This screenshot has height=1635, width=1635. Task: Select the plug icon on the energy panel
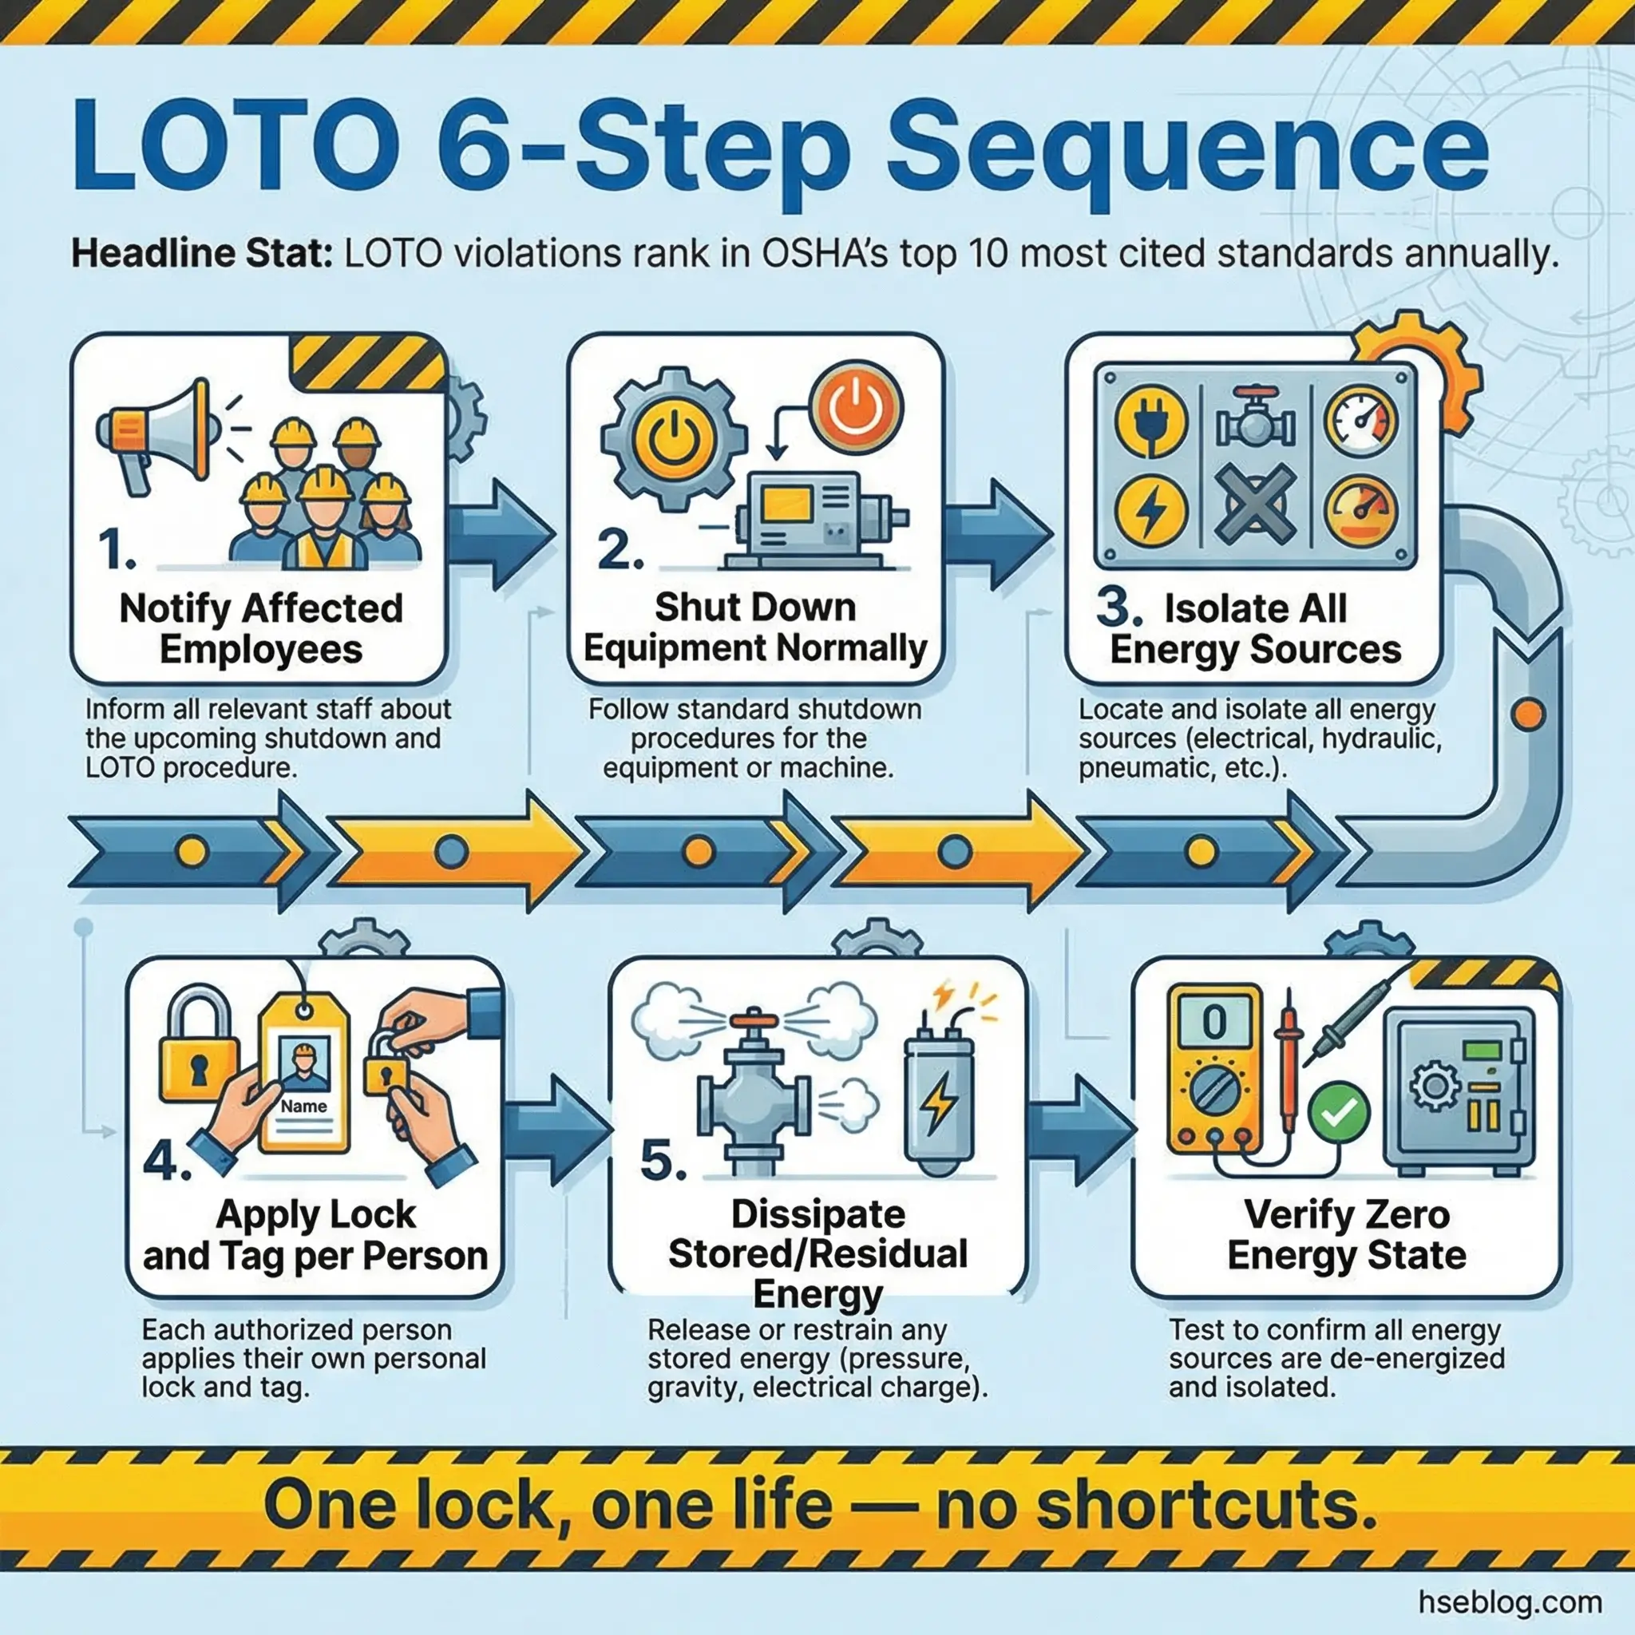click(1150, 421)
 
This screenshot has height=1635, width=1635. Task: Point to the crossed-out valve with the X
click(1255, 505)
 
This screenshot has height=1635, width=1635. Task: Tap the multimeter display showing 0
click(1213, 1024)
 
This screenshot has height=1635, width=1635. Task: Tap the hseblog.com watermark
click(1510, 1601)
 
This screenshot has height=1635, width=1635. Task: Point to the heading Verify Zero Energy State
click(1347, 1235)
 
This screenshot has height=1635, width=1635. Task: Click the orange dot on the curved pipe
click(1527, 714)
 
